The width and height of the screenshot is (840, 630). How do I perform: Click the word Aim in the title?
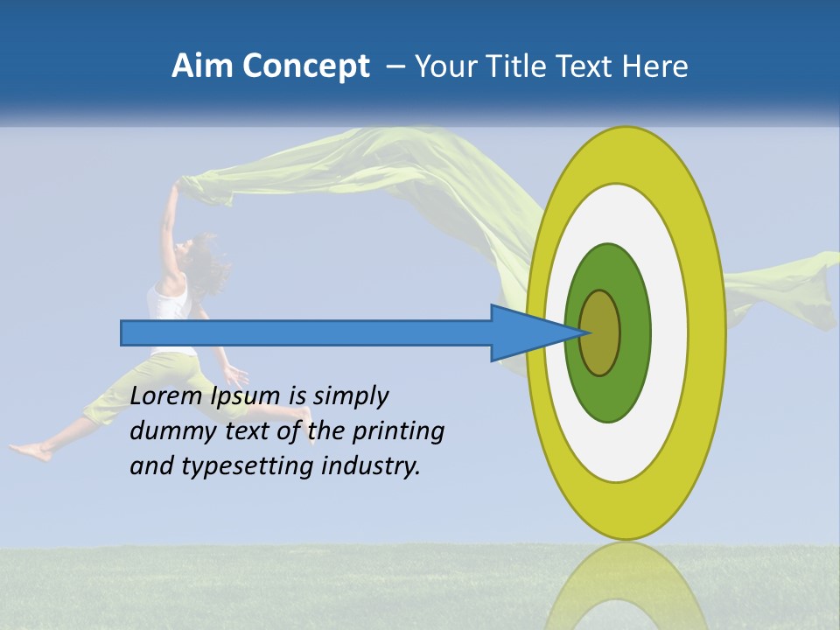(x=202, y=66)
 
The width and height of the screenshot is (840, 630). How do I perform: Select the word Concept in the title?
(x=306, y=66)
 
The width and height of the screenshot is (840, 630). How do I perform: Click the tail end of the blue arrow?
(x=123, y=332)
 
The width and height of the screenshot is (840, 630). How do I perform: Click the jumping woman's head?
(x=199, y=254)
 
